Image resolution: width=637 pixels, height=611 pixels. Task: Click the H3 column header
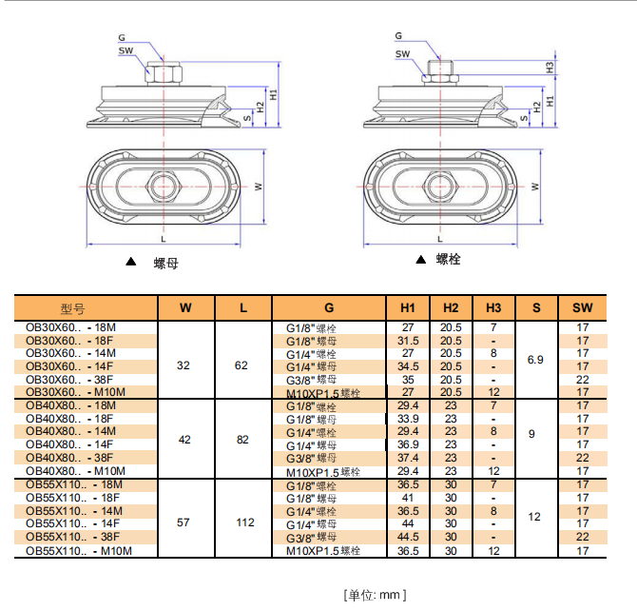tap(492, 308)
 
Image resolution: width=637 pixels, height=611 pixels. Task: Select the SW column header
tap(583, 308)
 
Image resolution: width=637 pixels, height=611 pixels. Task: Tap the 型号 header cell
tap(73, 308)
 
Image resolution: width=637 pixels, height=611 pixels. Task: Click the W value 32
tap(183, 365)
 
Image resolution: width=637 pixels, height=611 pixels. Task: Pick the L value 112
tap(243, 522)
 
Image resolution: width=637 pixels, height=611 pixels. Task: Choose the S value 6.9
tap(536, 360)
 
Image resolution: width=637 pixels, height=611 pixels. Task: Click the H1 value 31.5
tap(408, 341)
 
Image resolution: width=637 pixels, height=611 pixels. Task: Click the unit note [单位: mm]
tap(375, 595)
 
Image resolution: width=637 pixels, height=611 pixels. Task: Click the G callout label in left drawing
tap(122, 37)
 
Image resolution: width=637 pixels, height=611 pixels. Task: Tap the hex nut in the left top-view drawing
tap(163, 184)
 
